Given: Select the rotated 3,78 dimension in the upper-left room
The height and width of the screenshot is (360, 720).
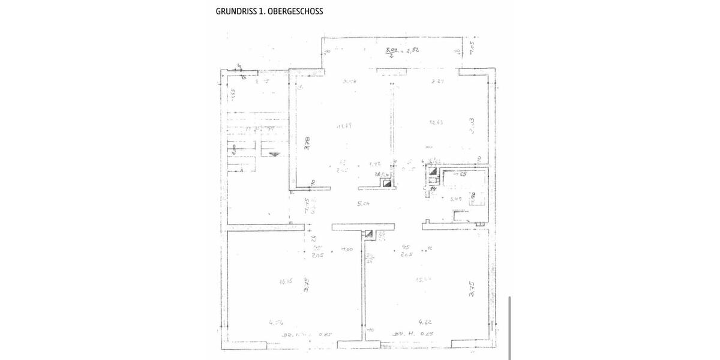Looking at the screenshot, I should point(307,145).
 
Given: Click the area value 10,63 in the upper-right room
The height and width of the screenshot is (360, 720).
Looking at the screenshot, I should point(436,122).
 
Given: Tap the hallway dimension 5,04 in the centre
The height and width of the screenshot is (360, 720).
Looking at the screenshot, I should point(363,203).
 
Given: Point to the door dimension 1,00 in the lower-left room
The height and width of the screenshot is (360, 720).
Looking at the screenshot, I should point(347,249).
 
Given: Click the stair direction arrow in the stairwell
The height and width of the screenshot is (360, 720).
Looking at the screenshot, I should point(274,154).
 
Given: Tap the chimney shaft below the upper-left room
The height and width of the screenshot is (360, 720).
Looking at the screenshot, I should point(388,184).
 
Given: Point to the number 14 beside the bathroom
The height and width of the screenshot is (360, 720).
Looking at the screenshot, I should point(433,188).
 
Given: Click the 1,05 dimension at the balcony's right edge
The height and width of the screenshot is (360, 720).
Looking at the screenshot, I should point(472,47).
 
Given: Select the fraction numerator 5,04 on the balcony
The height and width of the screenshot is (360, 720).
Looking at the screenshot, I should point(392,49).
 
